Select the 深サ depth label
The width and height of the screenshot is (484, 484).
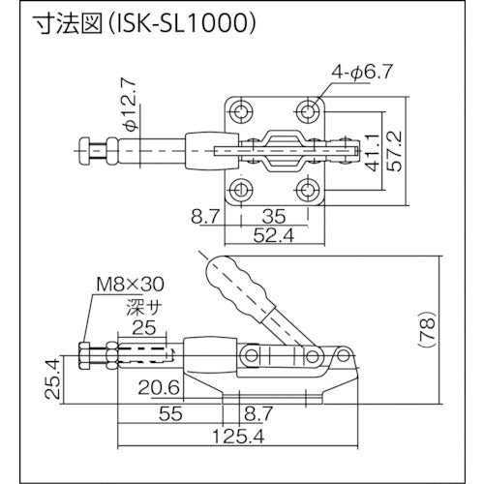pos(141,305)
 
